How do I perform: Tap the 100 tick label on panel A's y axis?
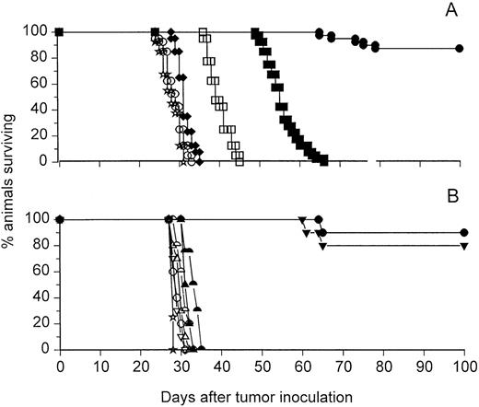(x=36, y=32)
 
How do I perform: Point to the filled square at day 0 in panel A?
(x=60, y=32)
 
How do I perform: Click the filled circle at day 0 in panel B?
(x=60, y=219)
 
